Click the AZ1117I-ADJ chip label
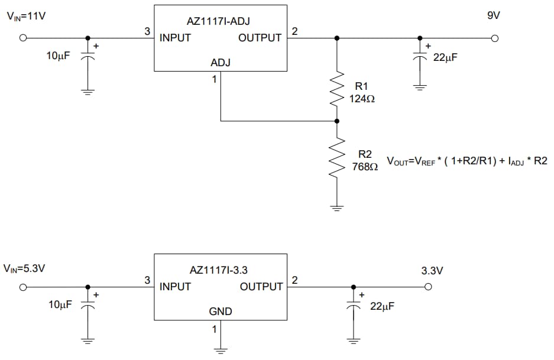[218, 21]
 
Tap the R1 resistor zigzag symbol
[337, 88]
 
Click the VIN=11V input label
[27, 17]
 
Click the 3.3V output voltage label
[431, 271]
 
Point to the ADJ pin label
[221, 63]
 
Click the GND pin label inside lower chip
[221, 312]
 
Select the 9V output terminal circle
[495, 38]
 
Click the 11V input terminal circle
[23, 38]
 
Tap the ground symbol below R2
[337, 208]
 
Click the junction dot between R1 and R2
[337, 121]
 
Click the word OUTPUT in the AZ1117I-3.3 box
[261, 287]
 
